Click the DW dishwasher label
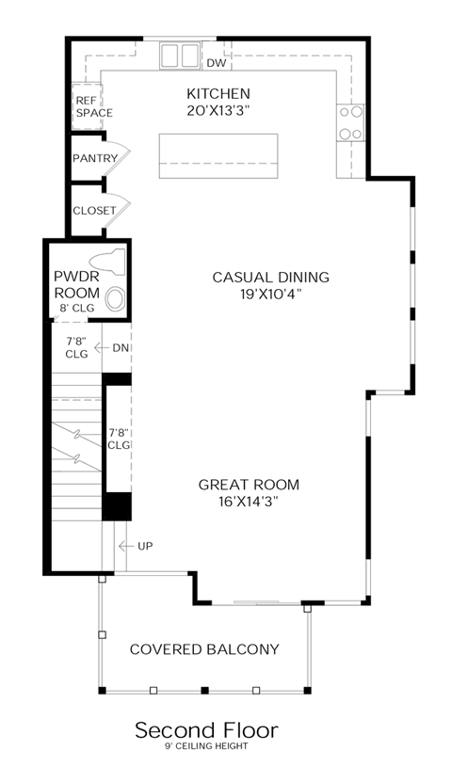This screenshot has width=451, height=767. coord(217,63)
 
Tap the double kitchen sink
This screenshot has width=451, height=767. coord(180,55)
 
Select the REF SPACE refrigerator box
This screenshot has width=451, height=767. coord(87,106)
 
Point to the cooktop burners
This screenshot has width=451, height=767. coord(351,122)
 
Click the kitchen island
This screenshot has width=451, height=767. coord(218,155)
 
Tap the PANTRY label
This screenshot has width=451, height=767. coord(95,158)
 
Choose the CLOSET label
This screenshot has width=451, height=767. coord(94,211)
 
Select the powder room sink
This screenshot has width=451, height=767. coord(116,299)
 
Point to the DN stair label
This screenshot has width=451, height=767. coord(121,348)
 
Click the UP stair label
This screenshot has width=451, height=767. coord(145,546)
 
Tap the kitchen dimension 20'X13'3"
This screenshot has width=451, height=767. coord(218,110)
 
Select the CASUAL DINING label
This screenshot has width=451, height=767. coord(270,278)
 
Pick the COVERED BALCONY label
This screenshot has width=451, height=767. coord(204,649)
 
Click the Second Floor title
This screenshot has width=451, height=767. coord(206,730)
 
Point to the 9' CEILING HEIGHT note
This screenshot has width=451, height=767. coord(206,746)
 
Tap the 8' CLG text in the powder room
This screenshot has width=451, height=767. coord(76,308)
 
